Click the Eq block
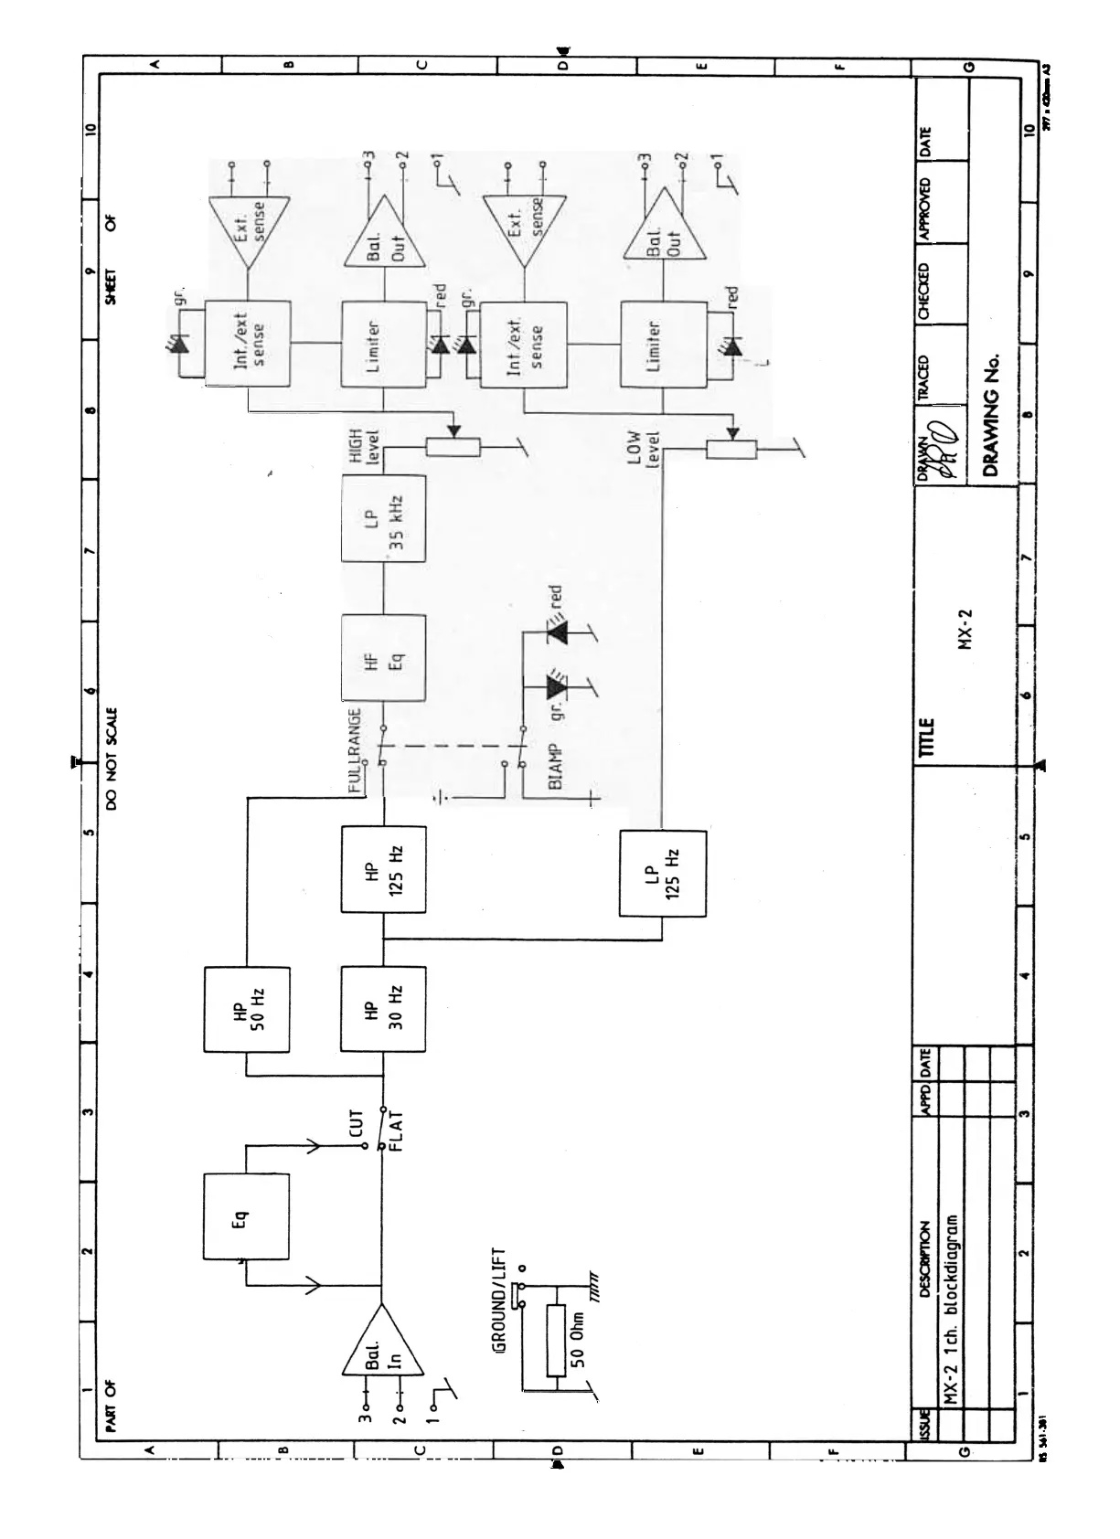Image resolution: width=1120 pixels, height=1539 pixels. click(246, 1217)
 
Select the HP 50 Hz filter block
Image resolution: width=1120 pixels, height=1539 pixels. click(246, 1010)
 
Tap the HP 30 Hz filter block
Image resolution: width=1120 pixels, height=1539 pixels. click(383, 1010)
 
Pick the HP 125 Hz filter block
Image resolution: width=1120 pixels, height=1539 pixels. click(383, 868)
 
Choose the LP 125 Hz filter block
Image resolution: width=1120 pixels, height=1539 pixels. click(662, 873)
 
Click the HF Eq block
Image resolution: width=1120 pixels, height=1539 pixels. click(383, 658)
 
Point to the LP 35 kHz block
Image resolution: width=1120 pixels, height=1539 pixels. click(383, 518)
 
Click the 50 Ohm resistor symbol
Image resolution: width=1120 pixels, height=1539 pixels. click(556, 1341)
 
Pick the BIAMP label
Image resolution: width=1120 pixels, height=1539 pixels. click(555, 766)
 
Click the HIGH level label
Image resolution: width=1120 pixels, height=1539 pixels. click(363, 448)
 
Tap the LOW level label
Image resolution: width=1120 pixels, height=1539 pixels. click(644, 448)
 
